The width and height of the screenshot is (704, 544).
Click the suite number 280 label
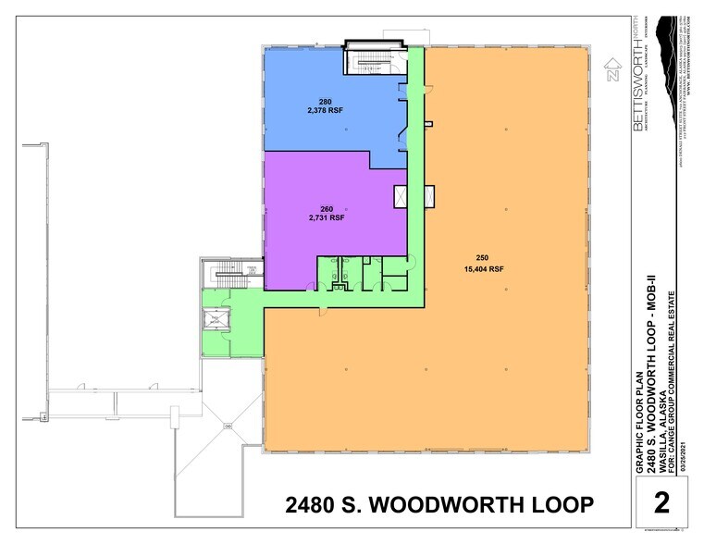(325, 102)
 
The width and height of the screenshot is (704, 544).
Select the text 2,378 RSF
(325, 111)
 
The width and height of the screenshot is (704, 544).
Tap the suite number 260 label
(326, 209)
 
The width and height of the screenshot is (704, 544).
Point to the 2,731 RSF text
(326, 218)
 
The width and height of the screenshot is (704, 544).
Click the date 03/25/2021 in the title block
(685, 453)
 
